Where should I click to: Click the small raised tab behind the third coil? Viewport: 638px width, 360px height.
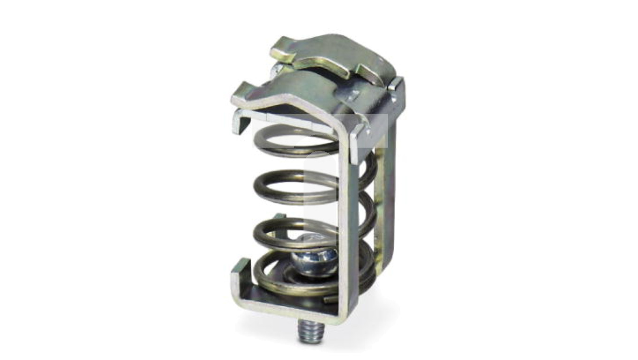click(280, 216)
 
